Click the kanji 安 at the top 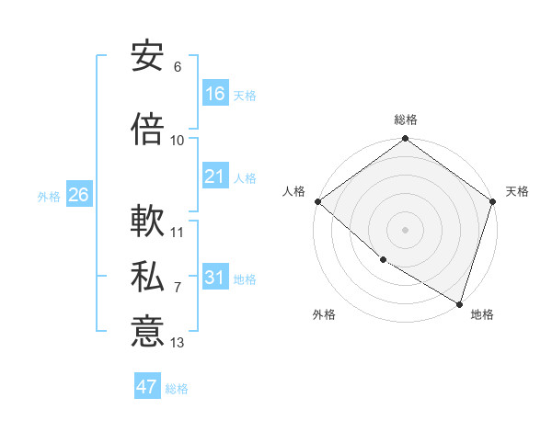(x=147, y=56)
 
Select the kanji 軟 (x=147, y=222)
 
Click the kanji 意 (x=147, y=331)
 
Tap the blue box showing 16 (x=215, y=94)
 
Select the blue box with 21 (x=215, y=176)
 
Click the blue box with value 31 (x=215, y=278)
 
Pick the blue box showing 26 (x=78, y=195)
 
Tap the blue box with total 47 (x=147, y=387)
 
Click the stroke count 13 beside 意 (x=178, y=343)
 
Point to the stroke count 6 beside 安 (x=178, y=67)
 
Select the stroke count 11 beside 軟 (x=178, y=233)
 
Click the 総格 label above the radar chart (x=406, y=120)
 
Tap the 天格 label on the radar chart (x=517, y=191)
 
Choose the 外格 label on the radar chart (x=324, y=314)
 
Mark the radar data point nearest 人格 (x=317, y=201)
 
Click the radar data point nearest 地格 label (x=459, y=302)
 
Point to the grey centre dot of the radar (x=406, y=229)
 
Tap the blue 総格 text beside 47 (x=177, y=389)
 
